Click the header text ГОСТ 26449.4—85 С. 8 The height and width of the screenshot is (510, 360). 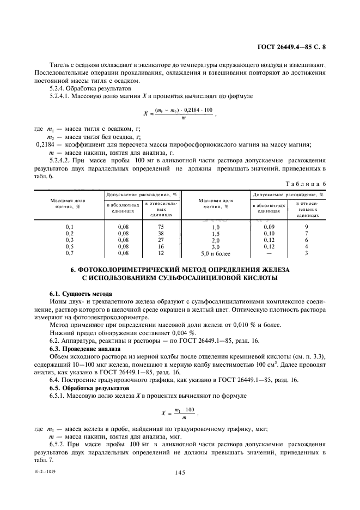[x=295, y=47]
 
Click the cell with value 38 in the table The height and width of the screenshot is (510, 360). [x=161, y=233]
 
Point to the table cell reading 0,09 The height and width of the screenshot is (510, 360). [x=269, y=226]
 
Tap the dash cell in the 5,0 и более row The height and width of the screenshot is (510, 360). [x=269, y=253]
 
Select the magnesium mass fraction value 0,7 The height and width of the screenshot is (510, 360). [x=69, y=253]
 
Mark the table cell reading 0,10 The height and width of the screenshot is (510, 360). [x=269, y=233]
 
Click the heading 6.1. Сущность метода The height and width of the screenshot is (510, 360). [x=74, y=294]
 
